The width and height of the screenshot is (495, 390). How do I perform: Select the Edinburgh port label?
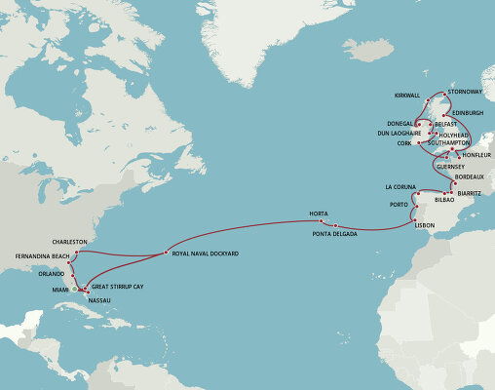click(x=475, y=113)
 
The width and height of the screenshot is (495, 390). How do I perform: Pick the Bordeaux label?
click(x=472, y=177)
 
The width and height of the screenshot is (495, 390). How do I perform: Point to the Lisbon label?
click(x=425, y=225)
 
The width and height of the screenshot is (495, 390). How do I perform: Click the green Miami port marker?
click(x=75, y=290)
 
